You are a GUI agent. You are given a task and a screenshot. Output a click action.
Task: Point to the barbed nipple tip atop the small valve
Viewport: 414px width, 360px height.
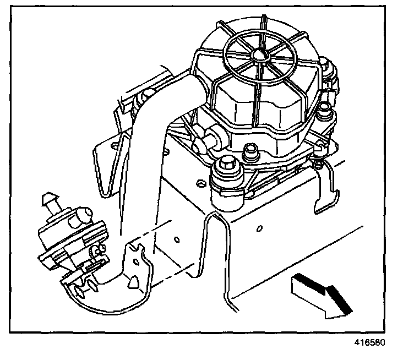pos(48,197)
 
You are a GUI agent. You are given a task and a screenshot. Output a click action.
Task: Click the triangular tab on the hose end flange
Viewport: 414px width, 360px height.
pos(133,281)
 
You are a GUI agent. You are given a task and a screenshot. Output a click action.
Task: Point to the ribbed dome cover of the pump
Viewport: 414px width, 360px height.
pos(259,83)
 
